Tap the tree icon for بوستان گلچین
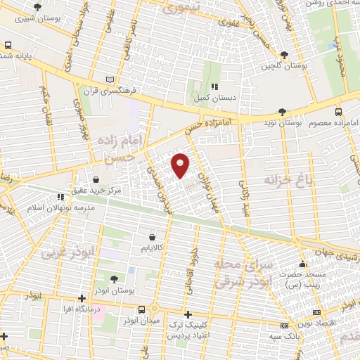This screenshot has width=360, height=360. (x=284, y=55)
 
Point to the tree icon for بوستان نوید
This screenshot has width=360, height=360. (x=282, y=111)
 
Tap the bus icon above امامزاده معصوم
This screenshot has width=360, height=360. (x=338, y=112)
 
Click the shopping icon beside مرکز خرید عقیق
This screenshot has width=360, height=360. (x=96, y=179)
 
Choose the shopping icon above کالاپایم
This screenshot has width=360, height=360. (x=152, y=237)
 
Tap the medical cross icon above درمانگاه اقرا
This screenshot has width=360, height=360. (x=82, y=297)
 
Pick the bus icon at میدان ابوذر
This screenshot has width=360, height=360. (x=142, y=309)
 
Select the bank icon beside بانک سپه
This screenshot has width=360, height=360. (x=285, y=326)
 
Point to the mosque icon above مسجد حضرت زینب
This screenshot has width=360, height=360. (x=302, y=265)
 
